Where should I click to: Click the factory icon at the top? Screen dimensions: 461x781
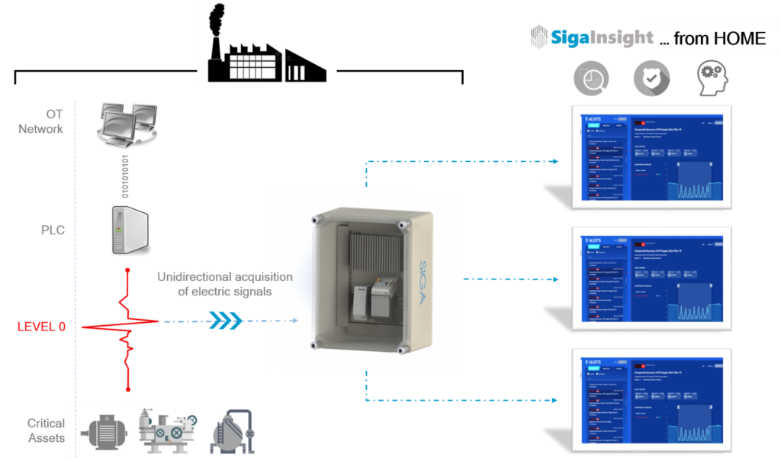point(266,46)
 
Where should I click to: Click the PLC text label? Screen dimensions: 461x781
point(53,230)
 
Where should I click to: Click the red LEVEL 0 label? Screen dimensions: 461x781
point(41,327)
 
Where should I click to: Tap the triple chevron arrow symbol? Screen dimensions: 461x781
point(225,321)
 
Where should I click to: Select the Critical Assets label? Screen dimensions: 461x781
point(45,430)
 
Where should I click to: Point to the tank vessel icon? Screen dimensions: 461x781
point(232,432)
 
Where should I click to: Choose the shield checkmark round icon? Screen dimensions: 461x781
point(651,77)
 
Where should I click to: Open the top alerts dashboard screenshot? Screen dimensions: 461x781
point(652,159)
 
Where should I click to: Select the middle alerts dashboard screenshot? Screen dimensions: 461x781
point(652,281)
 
